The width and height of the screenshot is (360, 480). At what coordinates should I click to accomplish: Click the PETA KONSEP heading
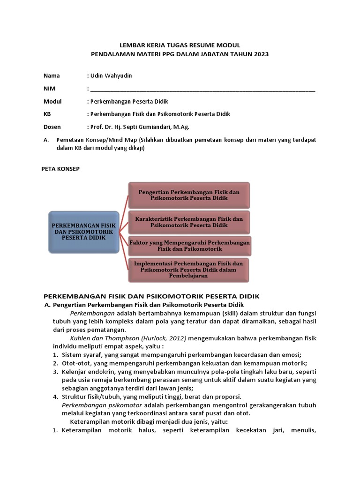click(61, 169)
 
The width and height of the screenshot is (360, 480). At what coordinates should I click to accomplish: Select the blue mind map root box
click(83, 231)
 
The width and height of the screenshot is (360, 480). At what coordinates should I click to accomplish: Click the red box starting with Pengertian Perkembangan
click(189, 195)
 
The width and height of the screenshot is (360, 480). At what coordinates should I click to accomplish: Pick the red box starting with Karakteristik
click(189, 222)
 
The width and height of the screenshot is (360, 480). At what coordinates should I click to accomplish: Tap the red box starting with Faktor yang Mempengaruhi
click(189, 246)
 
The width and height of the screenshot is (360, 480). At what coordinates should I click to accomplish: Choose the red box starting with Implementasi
click(189, 270)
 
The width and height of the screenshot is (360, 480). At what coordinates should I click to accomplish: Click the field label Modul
click(52, 101)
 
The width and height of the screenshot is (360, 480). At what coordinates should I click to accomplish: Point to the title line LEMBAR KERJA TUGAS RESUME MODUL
click(180, 45)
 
